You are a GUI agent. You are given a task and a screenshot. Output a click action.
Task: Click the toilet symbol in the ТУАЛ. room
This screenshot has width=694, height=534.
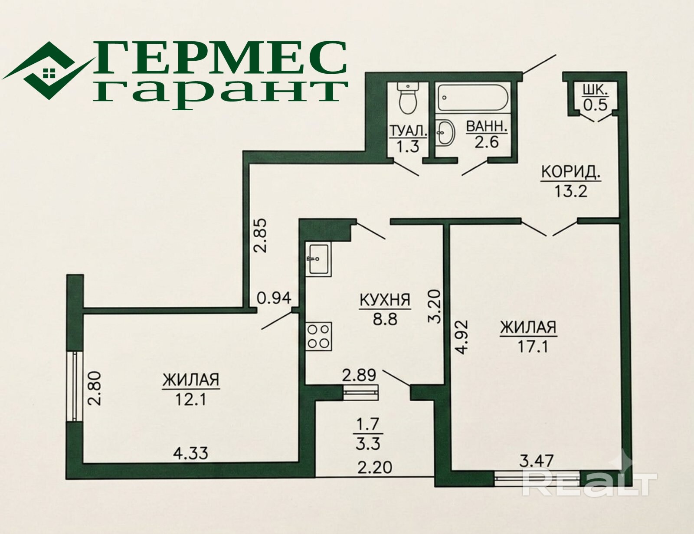coord(408,98)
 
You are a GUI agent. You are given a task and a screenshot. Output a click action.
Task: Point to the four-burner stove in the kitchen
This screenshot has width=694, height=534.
coord(318,337)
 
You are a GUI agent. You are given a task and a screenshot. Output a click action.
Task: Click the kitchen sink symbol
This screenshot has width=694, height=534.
coord(318,259)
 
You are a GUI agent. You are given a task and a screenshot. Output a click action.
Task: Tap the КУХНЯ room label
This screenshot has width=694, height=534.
coord(385,300)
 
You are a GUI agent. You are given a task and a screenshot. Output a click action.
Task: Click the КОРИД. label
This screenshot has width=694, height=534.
coord(571,173)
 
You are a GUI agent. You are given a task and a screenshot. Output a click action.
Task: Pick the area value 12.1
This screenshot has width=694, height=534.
coord(191,400)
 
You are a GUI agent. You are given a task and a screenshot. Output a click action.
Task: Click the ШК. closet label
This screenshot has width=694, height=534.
coord(595,90)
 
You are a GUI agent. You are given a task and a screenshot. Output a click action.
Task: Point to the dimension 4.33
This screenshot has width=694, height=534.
coord(190,453)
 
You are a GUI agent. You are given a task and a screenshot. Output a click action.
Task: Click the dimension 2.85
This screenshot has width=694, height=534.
coord(261,236)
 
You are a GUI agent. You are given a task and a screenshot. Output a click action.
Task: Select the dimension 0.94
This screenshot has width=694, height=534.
coord(274,298)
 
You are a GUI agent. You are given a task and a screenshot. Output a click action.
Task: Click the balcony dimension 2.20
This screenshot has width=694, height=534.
coord(375,468)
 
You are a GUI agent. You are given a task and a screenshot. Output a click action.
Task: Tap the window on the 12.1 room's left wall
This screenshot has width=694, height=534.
coord(75,386)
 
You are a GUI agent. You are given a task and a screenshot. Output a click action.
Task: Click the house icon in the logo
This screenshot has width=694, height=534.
coord(49,73)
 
